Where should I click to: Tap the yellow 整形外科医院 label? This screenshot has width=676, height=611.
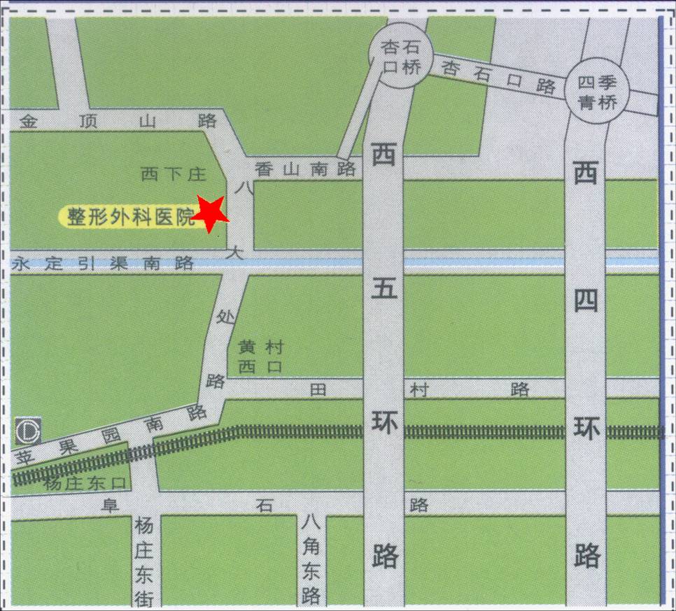130,217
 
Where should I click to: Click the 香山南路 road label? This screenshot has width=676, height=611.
305,168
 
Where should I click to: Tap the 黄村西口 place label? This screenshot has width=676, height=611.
260,356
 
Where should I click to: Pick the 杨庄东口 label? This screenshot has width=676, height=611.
83,483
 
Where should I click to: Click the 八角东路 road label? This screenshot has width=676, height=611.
311,559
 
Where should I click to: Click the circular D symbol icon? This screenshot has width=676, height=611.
28,430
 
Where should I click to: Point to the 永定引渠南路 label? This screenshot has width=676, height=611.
103,264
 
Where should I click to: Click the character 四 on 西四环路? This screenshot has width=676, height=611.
586,301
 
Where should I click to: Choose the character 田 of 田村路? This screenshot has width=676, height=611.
318,391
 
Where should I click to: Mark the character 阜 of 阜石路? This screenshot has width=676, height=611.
109,505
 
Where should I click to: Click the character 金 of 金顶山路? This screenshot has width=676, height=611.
28,121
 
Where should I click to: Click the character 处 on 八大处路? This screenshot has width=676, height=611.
224,317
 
